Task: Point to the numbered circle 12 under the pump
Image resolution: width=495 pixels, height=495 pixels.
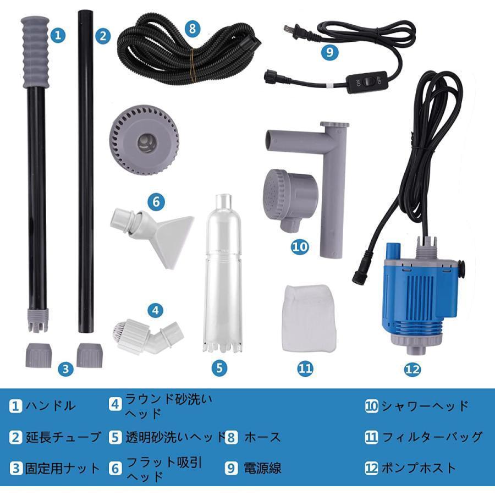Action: point(413,370)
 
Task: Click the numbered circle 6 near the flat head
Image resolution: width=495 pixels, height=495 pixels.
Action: point(156,202)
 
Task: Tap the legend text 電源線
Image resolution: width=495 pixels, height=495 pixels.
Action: point(263,468)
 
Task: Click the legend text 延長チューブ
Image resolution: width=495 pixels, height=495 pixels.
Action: point(64,437)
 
